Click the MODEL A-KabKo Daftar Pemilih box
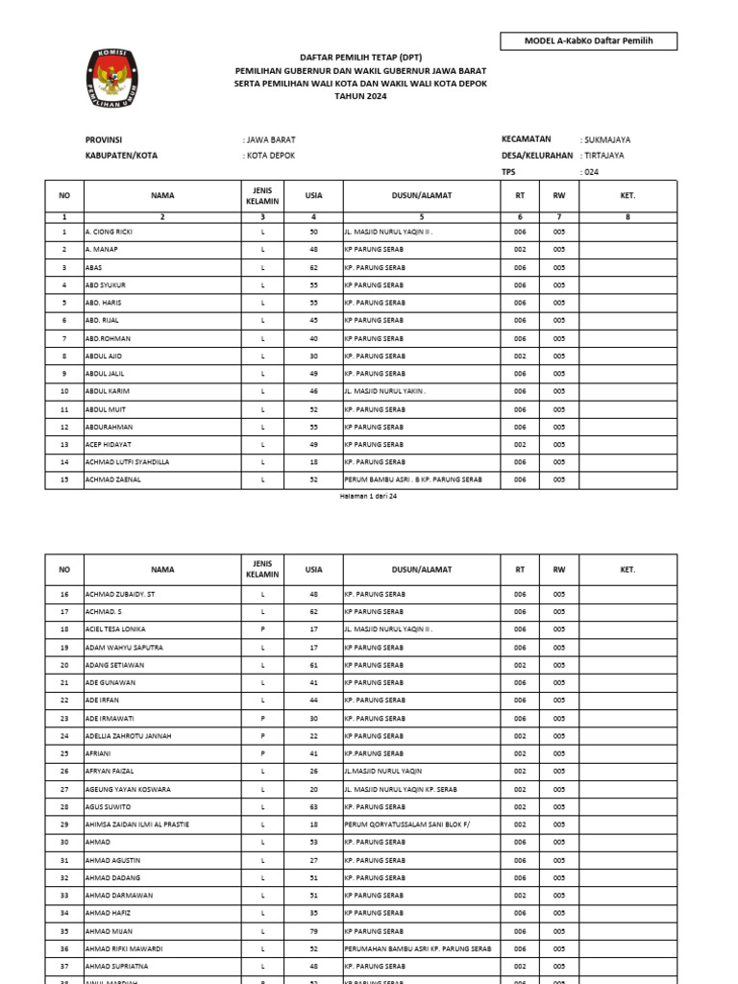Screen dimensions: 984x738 (588, 40)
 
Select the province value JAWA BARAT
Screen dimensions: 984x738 (269, 139)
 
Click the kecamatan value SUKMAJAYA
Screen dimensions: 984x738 (607, 139)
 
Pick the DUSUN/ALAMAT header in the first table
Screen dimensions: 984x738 (421, 196)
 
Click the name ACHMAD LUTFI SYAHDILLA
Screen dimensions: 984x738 (127, 461)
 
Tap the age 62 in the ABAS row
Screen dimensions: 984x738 (313, 267)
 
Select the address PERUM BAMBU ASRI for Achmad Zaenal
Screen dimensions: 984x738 (412, 480)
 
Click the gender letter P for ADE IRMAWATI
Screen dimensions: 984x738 (262, 718)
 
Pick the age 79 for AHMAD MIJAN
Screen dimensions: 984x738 (313, 931)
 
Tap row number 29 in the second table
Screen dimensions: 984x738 (64, 824)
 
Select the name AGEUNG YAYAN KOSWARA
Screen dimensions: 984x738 (128, 789)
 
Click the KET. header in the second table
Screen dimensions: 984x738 (627, 570)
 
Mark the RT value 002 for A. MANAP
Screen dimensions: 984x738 (520, 250)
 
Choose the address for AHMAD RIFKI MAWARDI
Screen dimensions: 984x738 (417, 948)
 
